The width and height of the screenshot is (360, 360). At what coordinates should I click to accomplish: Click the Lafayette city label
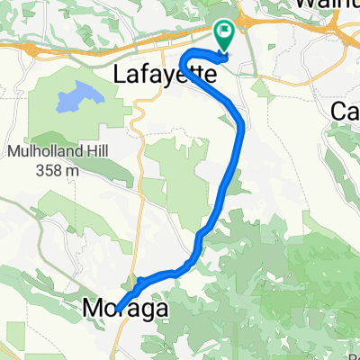166,76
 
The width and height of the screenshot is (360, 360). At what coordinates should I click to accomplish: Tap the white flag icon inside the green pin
225,32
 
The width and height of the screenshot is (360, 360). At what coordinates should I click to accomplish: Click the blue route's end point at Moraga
117,307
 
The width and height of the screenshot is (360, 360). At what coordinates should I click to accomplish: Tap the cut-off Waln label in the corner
328,4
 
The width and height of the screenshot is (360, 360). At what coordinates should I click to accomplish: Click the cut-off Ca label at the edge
346,111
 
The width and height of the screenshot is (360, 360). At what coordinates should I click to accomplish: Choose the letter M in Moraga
92,309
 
